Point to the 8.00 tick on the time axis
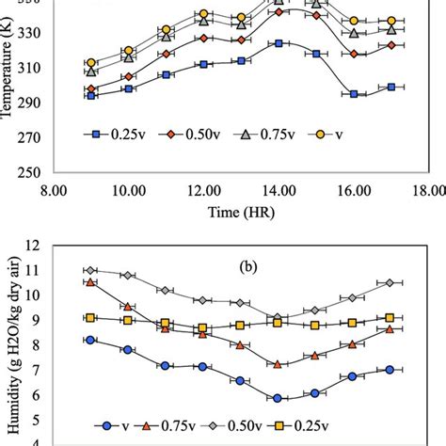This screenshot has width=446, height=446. [x=54, y=189]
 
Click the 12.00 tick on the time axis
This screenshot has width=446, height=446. [x=203, y=189]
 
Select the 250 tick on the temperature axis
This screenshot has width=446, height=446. [x=33, y=172]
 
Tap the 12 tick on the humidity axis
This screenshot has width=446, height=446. [x=35, y=246]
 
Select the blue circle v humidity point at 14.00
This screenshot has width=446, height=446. [x=278, y=398]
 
